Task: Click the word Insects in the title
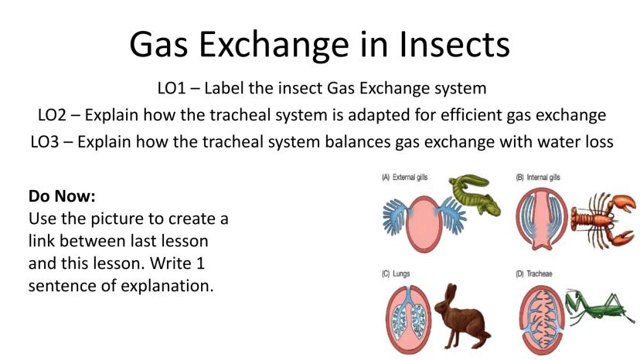coord(454,44)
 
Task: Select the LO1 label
coord(172,88)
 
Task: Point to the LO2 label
coord(52,115)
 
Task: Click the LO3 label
coord(45,142)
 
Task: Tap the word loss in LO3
coord(598,142)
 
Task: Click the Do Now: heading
coord(62,196)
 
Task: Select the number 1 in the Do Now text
coord(200,263)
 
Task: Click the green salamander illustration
coord(475,194)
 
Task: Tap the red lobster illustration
coord(603,219)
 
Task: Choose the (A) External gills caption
coord(405,178)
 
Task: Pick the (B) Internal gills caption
coord(538,178)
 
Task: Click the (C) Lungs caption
coord(396,274)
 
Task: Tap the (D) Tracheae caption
coord(534,274)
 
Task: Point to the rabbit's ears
coord(451,293)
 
